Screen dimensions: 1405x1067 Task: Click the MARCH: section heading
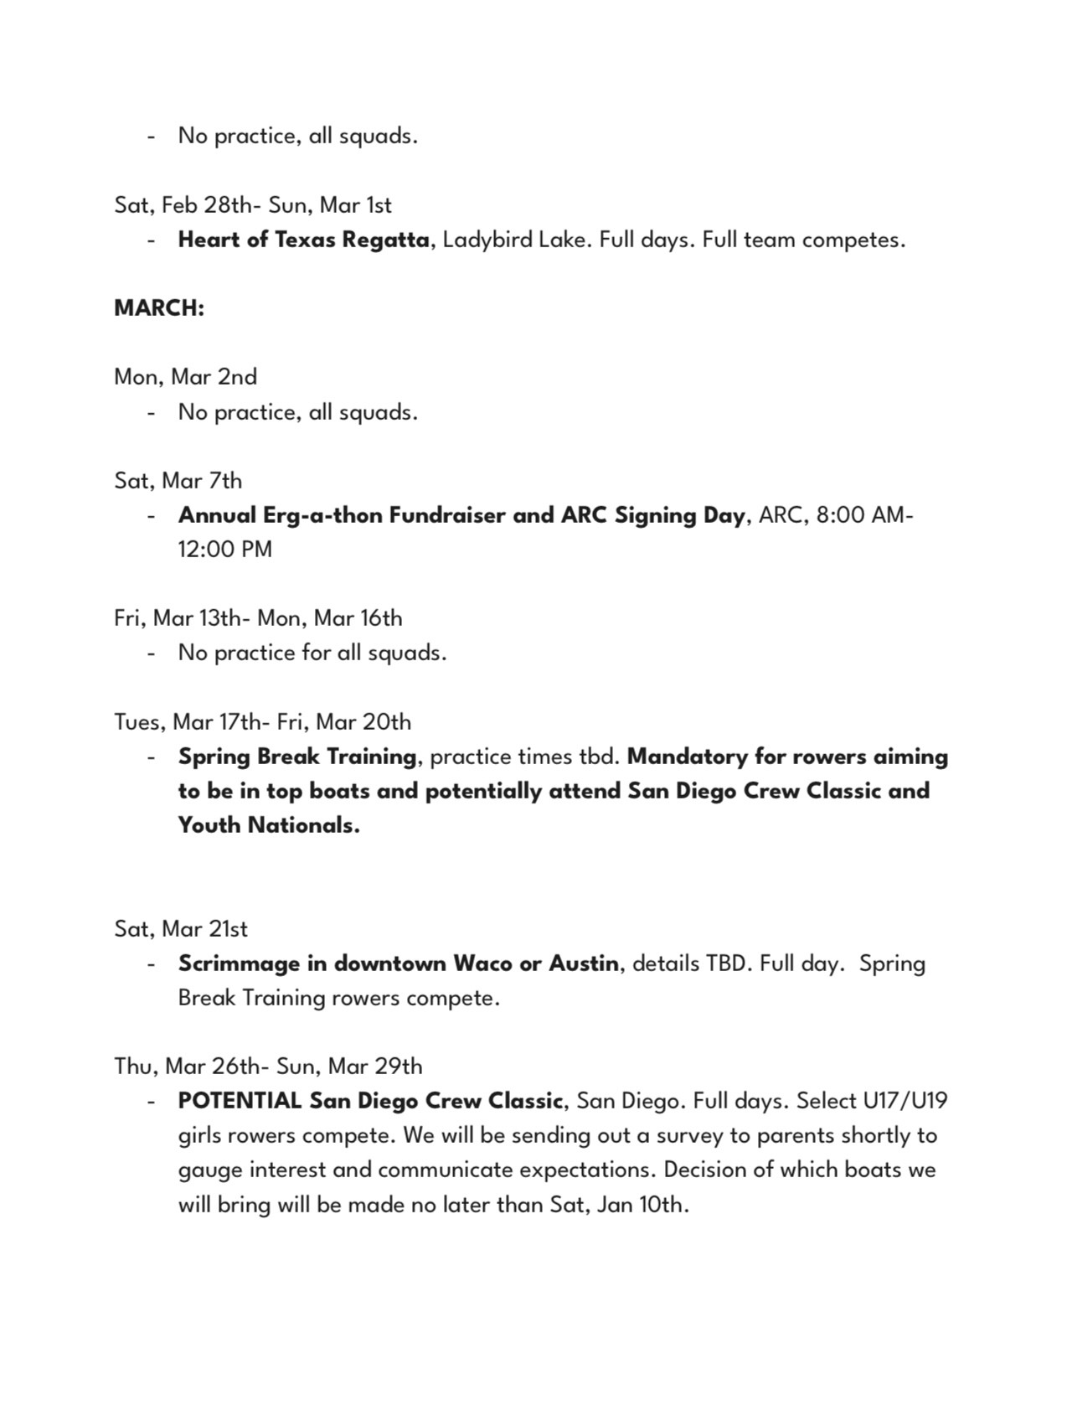[x=159, y=308]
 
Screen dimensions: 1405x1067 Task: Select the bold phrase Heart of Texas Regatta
[x=304, y=240]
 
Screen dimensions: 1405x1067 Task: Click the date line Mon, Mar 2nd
[x=185, y=377]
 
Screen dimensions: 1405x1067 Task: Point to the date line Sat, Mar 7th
[x=178, y=481]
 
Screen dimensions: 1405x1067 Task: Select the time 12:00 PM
[x=224, y=550]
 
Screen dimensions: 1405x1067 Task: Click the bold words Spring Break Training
[x=296, y=757]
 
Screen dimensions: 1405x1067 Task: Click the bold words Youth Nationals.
[x=268, y=825]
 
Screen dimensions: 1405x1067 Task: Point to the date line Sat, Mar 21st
[x=181, y=929]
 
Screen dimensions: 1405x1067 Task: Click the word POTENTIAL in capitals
[x=239, y=1101]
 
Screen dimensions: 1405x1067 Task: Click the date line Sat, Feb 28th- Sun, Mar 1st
[x=253, y=205]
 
